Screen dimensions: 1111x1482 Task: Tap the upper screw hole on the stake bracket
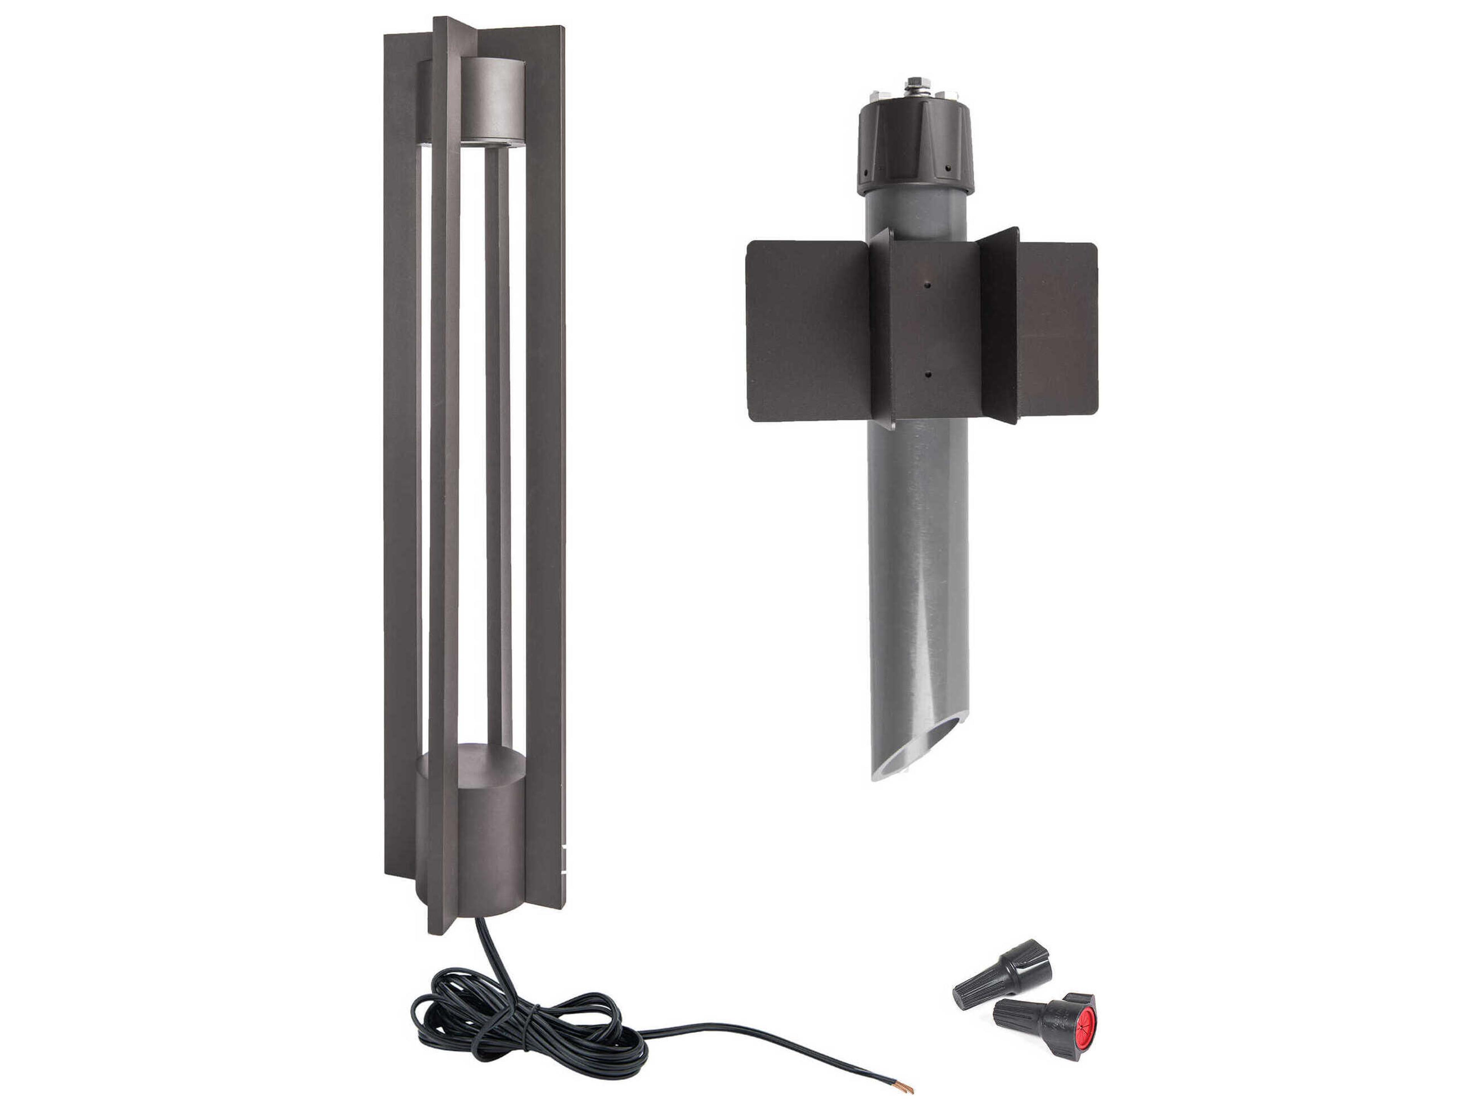click(x=927, y=285)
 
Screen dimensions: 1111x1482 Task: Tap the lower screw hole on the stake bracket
click(x=927, y=375)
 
